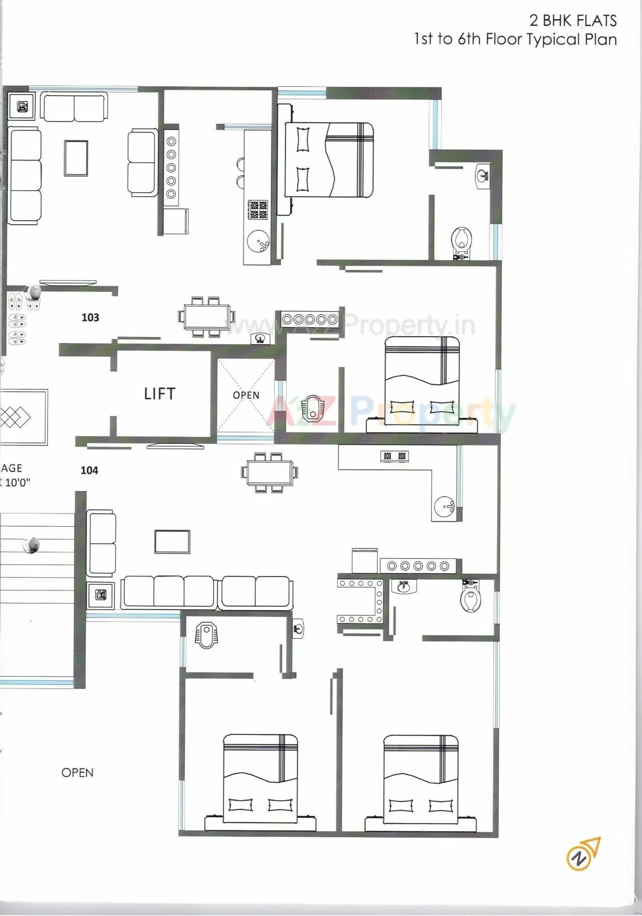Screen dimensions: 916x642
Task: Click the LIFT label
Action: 159,394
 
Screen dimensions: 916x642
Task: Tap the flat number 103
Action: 90,318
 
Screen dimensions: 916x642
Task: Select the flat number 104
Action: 89,471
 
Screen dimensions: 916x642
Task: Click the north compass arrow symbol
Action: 583,853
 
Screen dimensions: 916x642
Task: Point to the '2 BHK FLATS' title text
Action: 573,21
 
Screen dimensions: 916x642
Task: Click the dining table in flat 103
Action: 206,317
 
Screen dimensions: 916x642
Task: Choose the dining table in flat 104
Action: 269,473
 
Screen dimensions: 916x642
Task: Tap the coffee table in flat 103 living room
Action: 76,158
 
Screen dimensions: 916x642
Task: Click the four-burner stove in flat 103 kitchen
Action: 258,210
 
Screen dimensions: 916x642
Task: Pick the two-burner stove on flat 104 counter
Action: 394,456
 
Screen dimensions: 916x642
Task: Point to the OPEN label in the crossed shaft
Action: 246,395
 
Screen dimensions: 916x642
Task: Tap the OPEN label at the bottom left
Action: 77,773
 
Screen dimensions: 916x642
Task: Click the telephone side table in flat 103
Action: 22,106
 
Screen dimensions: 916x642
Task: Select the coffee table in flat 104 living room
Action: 172,542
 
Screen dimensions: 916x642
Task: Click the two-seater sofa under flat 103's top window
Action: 74,107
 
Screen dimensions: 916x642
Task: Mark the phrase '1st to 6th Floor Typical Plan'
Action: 515,40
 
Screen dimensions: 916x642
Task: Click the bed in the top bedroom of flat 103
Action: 330,160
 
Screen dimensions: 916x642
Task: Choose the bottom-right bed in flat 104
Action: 420,783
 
